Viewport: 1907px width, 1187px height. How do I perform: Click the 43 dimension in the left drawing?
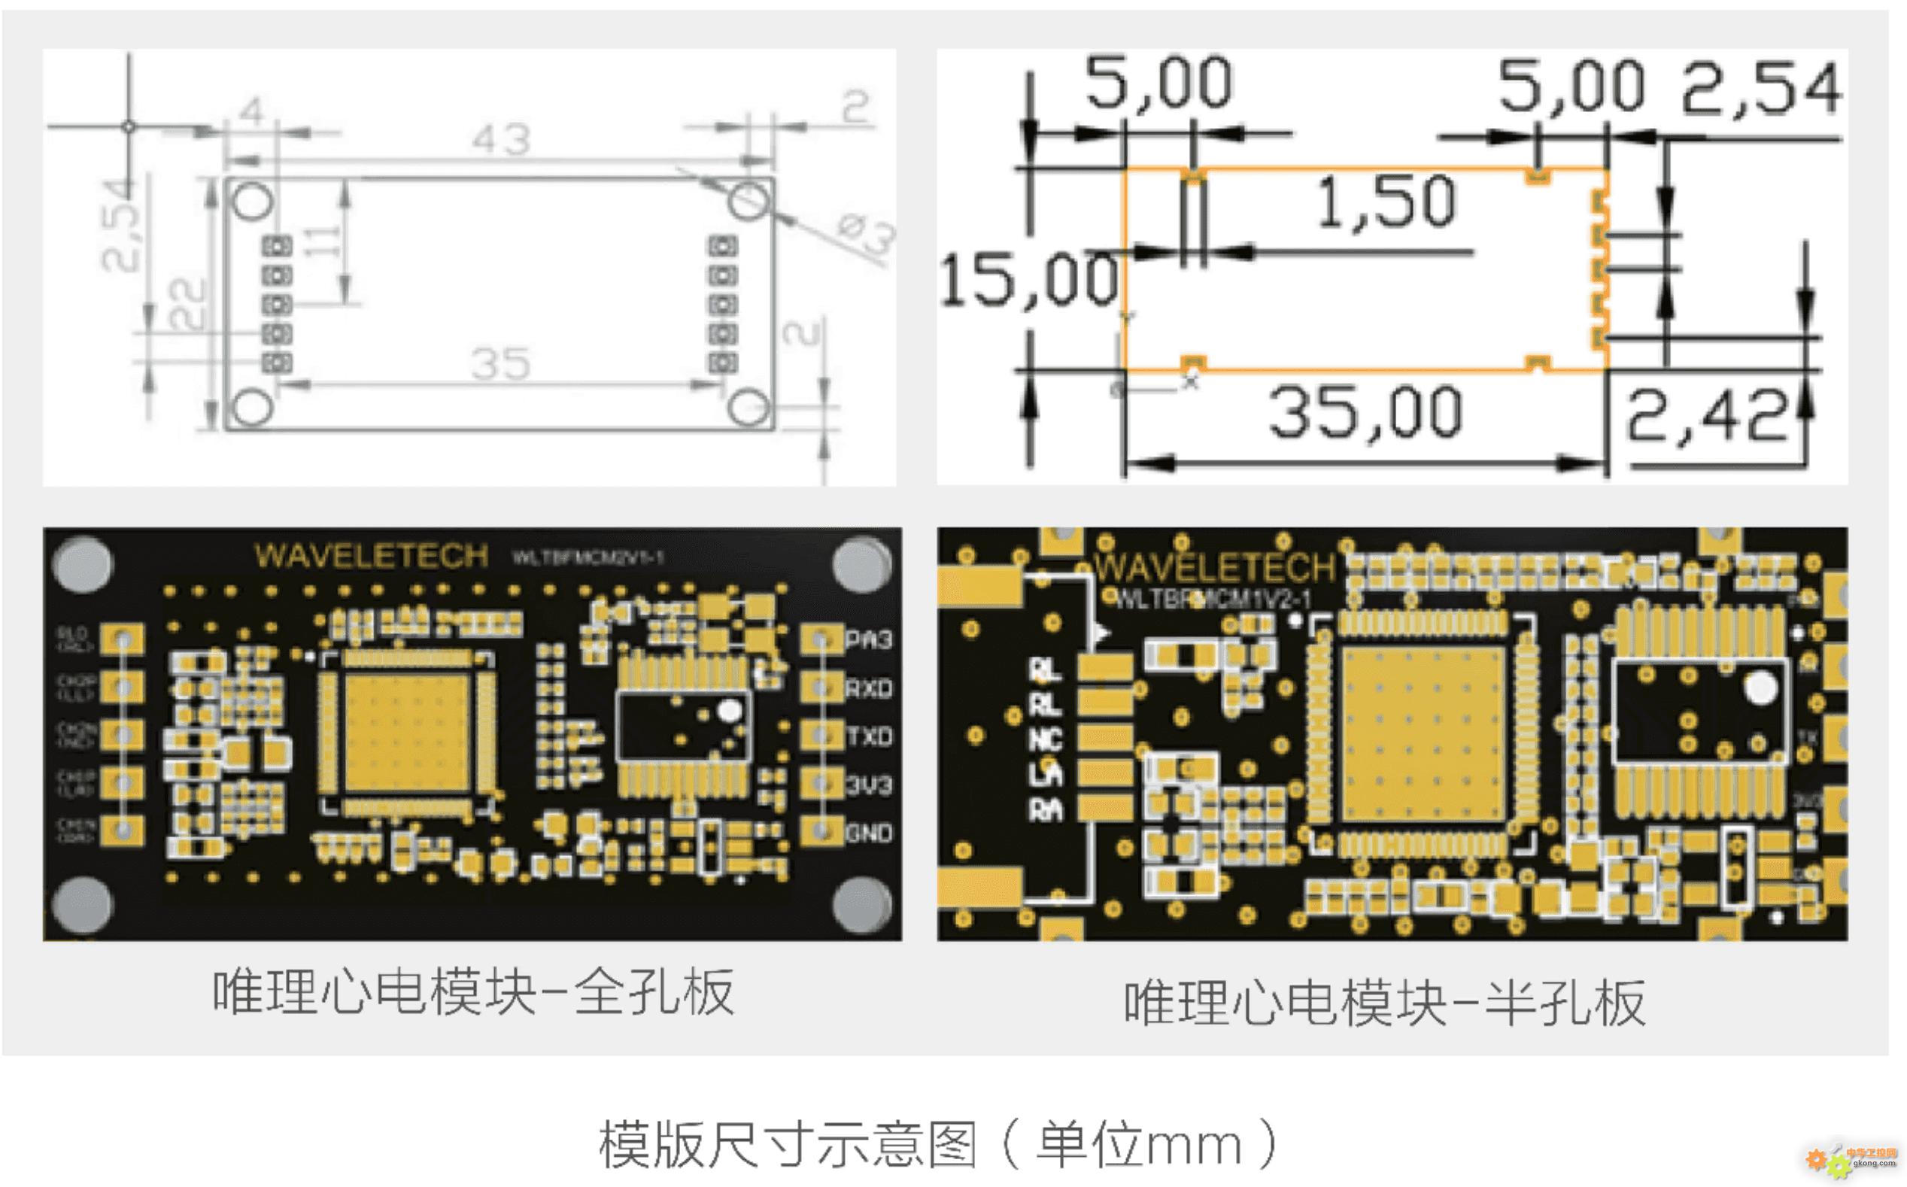tap(501, 141)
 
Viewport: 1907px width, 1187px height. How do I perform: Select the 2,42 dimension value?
tap(1705, 417)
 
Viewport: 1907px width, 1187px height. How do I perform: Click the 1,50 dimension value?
tap(1386, 202)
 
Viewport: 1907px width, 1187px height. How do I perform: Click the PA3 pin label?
tap(868, 640)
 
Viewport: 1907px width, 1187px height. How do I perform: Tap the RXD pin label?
tap(868, 688)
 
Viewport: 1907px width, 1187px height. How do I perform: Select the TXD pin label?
tap(868, 736)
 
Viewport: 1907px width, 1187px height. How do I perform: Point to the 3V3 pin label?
tap(868, 785)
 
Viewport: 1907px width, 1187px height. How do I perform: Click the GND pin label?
tap(868, 833)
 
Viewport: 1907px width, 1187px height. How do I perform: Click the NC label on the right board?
tap(1045, 739)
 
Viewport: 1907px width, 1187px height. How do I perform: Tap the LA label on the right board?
tap(1045, 775)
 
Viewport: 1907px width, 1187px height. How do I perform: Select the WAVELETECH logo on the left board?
tap(371, 556)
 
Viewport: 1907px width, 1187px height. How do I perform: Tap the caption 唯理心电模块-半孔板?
tap(1383, 1003)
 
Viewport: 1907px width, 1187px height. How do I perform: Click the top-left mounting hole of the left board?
tap(83, 563)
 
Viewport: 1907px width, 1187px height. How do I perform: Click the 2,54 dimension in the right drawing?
tap(1760, 88)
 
